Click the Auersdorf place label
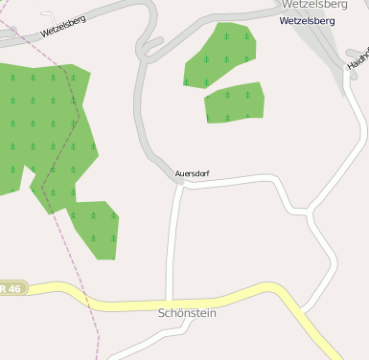coord(192,173)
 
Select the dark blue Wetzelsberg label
coord(308,20)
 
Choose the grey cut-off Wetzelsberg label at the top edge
coord(313,5)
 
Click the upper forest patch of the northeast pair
coord(221,56)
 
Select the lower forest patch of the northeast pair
coord(234,104)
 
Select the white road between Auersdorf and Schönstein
coord(173,239)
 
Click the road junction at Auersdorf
coord(180,185)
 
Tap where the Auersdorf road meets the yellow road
coord(170,303)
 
